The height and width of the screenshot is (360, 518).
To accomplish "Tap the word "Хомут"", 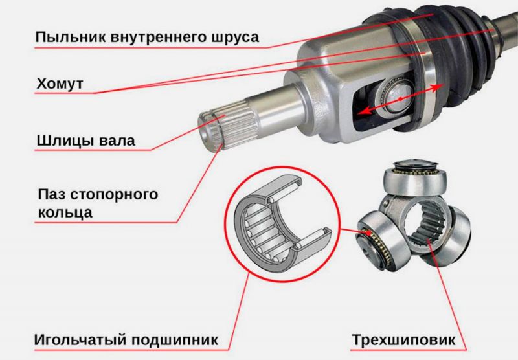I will [59, 85].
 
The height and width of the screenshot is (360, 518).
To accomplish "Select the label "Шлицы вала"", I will [85, 140].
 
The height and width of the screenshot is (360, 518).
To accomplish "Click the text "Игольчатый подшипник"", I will [123, 339].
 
